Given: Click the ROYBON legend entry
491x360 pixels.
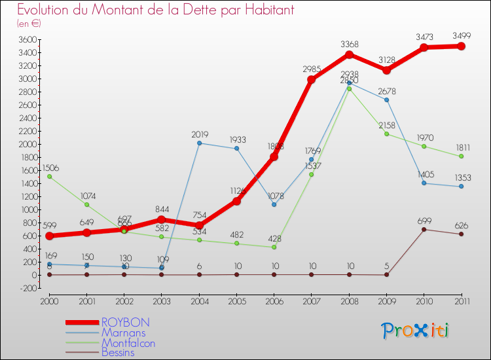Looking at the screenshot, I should point(125,323).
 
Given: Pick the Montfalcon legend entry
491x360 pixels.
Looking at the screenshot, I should point(128,343).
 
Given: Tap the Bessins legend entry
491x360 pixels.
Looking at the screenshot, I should point(118,353).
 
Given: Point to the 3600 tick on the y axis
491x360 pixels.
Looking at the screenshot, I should point(27,39).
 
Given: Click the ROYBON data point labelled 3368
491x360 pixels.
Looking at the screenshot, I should point(349,54).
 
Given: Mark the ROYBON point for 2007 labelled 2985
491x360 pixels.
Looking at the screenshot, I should point(312,79).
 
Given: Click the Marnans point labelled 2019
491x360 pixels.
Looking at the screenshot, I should point(199,143).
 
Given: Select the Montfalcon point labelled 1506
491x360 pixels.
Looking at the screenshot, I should point(49,176).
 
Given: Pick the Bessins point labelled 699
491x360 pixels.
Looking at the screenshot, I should point(424,229).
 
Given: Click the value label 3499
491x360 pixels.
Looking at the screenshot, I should point(461,35).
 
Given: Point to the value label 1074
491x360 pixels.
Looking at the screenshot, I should point(86,195).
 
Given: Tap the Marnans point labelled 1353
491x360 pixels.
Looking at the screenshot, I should point(461,187).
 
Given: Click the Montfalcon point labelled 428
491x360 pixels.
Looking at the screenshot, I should point(274,247).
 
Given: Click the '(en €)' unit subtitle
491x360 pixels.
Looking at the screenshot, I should point(29,24).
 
